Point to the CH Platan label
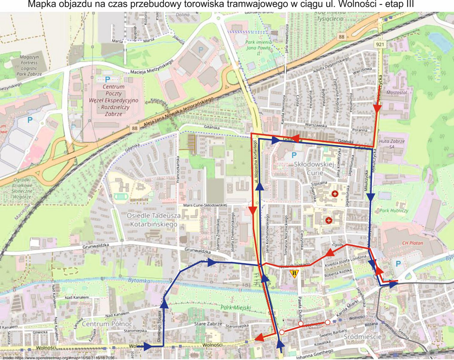[x=412, y=243]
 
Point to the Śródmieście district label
[x=362, y=337]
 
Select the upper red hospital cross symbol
[x=335, y=194]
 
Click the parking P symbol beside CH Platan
[x=398, y=264]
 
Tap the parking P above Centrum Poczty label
[x=107, y=79]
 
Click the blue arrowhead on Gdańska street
[x=275, y=140]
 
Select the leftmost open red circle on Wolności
[x=282, y=332]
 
